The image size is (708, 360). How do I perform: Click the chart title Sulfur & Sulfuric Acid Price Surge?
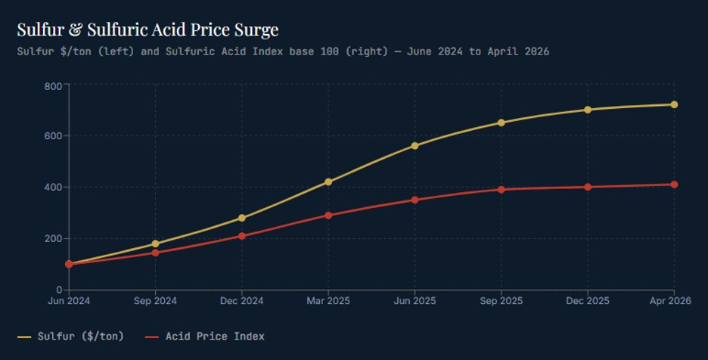(147, 29)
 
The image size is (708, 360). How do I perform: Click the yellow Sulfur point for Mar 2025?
(328, 182)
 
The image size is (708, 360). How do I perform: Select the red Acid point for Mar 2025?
(328, 216)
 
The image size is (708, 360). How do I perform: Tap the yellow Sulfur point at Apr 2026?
(674, 105)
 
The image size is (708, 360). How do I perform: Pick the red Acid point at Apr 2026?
(674, 185)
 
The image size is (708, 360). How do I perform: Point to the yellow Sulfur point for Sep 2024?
(155, 244)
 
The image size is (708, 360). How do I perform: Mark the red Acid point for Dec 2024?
(241, 236)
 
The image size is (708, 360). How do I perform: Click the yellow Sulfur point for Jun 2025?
(415, 146)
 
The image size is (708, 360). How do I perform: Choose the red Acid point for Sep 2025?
(501, 190)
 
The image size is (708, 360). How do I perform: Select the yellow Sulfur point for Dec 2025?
(588, 110)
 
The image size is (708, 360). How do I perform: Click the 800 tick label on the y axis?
(53, 86)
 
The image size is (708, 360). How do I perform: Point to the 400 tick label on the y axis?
(53, 187)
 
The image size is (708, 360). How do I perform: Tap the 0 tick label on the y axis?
(59, 290)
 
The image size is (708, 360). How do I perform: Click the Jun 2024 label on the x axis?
(69, 301)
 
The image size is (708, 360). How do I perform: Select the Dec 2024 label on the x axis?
(241, 301)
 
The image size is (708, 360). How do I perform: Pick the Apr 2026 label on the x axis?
(670, 301)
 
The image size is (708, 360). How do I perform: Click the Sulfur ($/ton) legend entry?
(70, 337)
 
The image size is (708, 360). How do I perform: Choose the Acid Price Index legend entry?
(205, 337)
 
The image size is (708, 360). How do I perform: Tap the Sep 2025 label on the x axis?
(501, 301)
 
